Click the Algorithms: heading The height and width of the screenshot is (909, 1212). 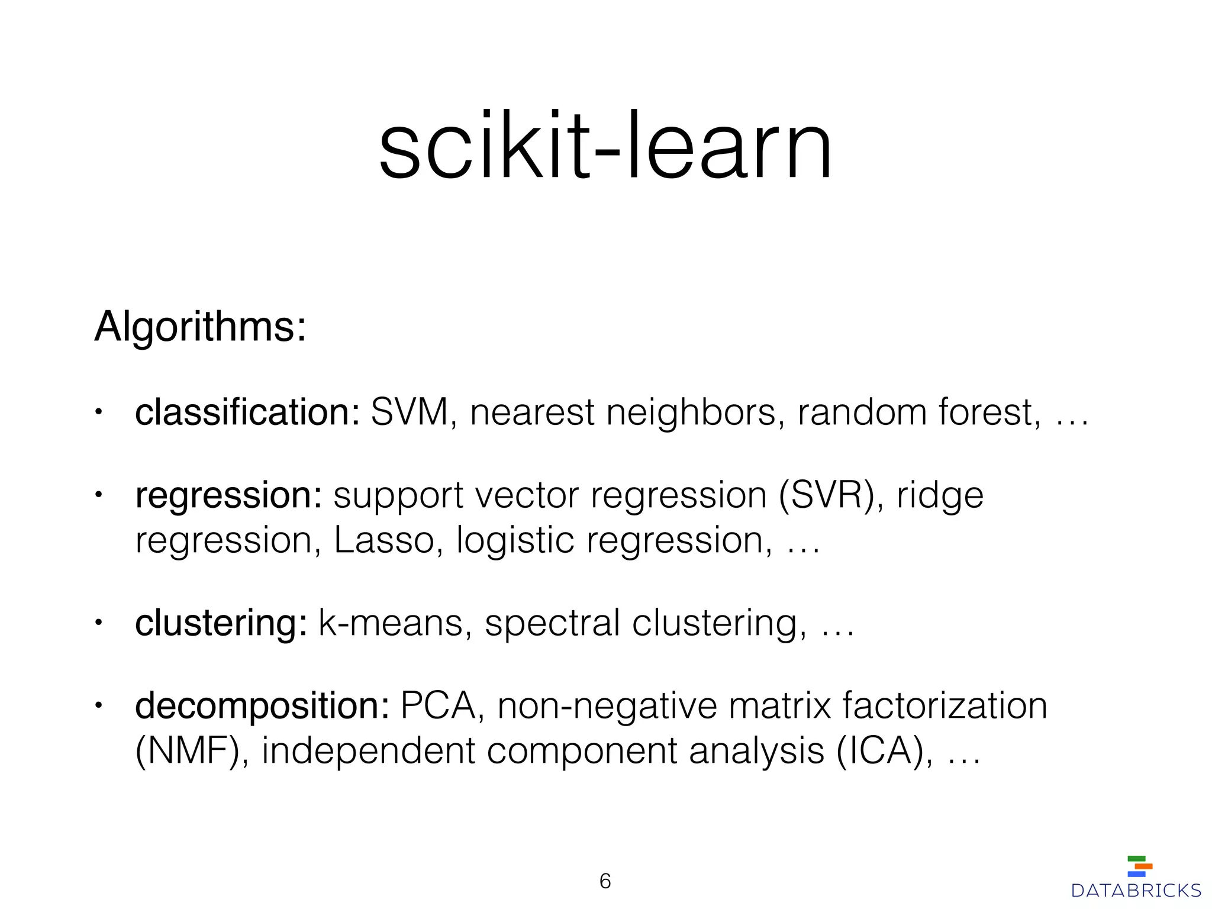click(x=200, y=326)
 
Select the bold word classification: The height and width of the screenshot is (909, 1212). click(x=247, y=412)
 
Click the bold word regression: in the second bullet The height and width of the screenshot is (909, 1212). click(x=228, y=496)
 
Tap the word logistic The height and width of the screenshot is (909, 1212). click(x=515, y=540)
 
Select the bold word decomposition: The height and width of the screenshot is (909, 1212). click(x=262, y=706)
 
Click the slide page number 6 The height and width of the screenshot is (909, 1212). click(x=605, y=881)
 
